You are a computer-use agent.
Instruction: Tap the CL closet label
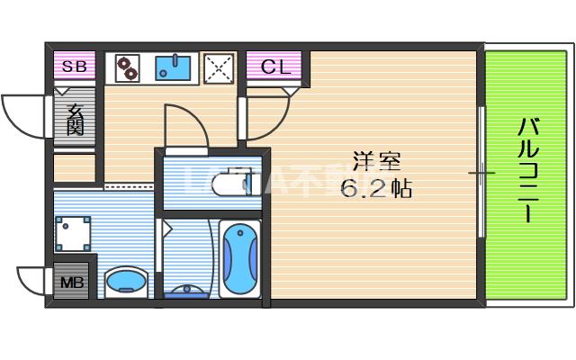pos(276,66)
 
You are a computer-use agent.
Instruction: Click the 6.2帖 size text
pos(375,189)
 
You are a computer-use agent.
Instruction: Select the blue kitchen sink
pos(175,67)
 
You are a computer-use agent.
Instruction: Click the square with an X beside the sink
pos(218,67)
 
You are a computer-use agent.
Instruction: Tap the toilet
pos(236,184)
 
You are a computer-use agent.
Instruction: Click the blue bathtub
pos(239,257)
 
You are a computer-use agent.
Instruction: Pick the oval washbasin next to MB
pos(126,283)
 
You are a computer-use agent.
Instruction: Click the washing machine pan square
pos(73,234)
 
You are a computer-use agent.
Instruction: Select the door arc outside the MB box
pos(31,281)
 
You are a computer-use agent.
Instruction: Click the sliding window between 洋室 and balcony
pos(481,171)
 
